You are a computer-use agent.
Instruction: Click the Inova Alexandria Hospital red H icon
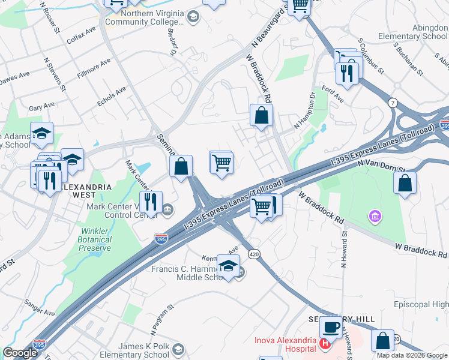[x=325, y=344]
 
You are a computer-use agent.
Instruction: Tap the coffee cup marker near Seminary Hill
[x=331, y=326]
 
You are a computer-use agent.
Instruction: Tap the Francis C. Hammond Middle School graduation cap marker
[x=228, y=266]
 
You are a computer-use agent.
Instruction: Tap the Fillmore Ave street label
[x=94, y=68]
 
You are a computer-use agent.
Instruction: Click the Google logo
[x=20, y=353]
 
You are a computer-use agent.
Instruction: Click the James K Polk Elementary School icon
[x=178, y=349]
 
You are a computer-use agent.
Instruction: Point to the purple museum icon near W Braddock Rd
[x=375, y=215]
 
